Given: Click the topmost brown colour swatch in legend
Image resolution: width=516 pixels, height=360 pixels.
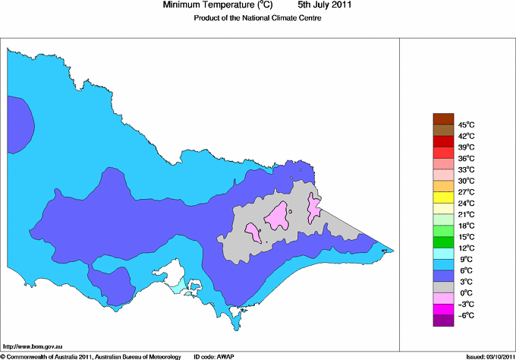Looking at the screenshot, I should (442, 118).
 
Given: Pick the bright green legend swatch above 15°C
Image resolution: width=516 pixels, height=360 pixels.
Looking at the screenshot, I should (442, 231).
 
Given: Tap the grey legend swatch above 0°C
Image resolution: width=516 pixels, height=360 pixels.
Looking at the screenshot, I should (442, 287).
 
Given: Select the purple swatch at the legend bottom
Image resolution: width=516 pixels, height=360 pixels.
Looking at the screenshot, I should (442, 321).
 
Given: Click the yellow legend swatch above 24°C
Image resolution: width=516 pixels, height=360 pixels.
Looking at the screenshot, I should (442, 197).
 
